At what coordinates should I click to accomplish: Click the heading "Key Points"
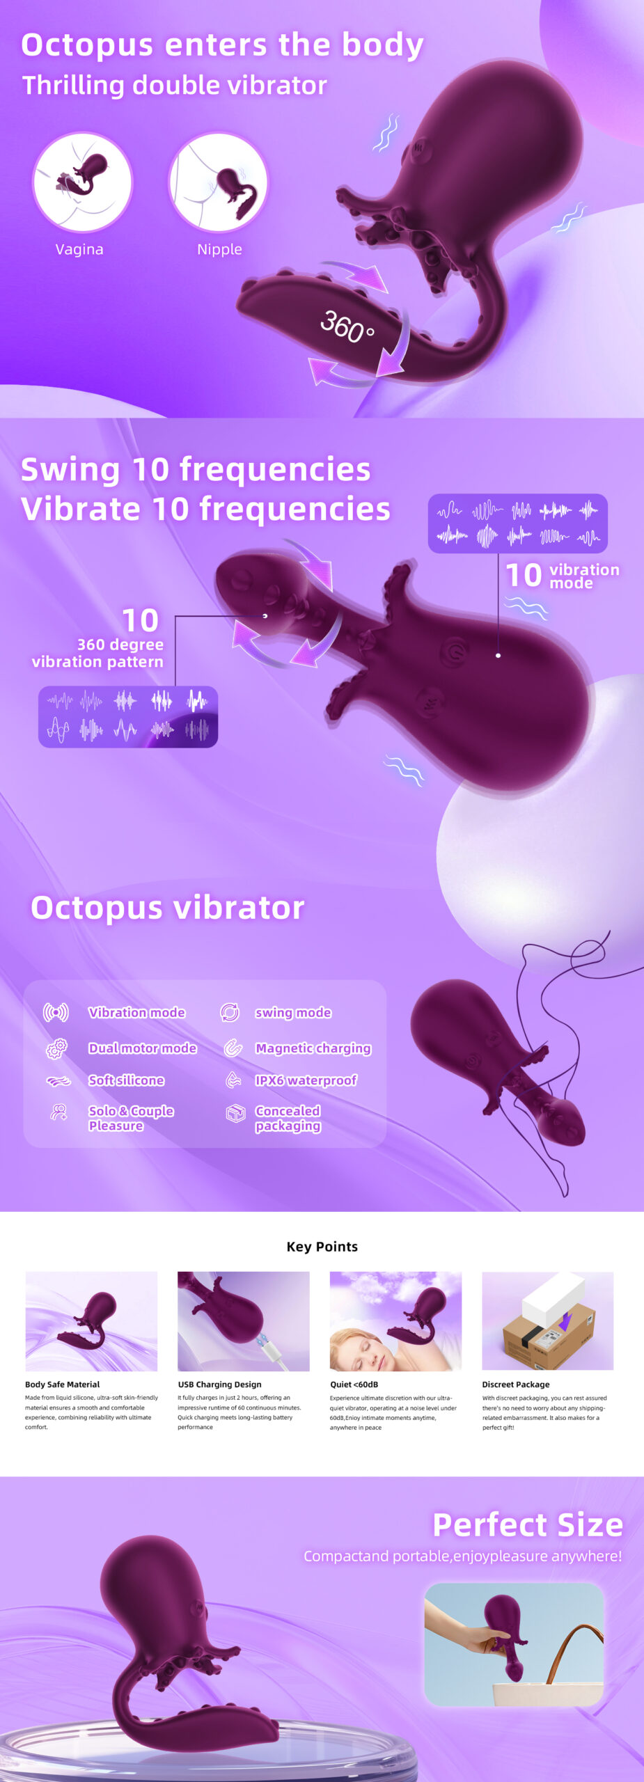[322, 1247]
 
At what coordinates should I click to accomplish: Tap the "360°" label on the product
[347, 326]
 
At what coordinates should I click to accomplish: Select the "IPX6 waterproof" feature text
[306, 1080]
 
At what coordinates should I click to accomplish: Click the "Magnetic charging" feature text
[313, 1048]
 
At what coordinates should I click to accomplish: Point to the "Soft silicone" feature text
[126, 1080]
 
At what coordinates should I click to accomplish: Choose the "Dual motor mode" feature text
[142, 1048]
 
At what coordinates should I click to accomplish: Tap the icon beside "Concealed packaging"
[235, 1114]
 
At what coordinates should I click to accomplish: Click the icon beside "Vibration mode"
[56, 1012]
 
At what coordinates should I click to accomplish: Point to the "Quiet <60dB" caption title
[354, 1385]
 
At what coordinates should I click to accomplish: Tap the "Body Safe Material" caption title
[62, 1385]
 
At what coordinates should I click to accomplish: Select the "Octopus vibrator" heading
[168, 908]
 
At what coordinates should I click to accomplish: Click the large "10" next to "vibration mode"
[524, 576]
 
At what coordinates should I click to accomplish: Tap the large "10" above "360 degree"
[140, 620]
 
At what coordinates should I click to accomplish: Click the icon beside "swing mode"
[230, 1012]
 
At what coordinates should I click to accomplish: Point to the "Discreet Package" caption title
[516, 1385]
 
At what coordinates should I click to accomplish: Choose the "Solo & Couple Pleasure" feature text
[131, 1118]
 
